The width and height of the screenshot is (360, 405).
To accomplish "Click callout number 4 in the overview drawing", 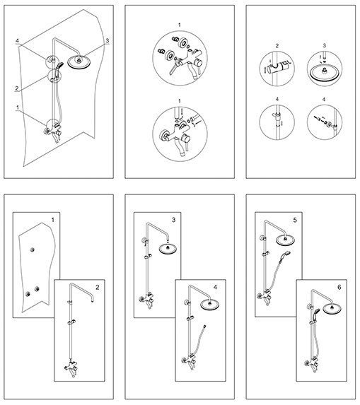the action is click(x=17, y=41).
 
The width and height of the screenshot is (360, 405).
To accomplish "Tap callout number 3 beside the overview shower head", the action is click(x=108, y=40).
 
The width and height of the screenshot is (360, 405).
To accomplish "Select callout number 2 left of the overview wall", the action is click(x=17, y=88).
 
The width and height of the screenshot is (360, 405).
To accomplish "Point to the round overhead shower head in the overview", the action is click(x=79, y=62).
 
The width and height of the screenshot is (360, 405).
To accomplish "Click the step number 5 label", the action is click(x=295, y=220).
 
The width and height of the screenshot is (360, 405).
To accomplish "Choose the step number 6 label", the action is click(x=339, y=287).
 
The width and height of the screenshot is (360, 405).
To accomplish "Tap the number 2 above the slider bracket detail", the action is click(x=277, y=46).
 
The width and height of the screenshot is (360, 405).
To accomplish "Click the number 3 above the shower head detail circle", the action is click(x=325, y=46).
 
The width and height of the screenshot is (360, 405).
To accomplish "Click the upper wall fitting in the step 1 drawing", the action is click(x=33, y=250).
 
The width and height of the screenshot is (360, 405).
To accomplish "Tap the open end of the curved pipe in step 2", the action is click(x=92, y=300).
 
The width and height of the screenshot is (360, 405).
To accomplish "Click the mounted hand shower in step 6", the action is click(x=316, y=312).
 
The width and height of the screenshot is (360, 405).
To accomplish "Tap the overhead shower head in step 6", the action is click(x=332, y=309).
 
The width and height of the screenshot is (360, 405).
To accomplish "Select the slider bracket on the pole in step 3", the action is click(x=148, y=257).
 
